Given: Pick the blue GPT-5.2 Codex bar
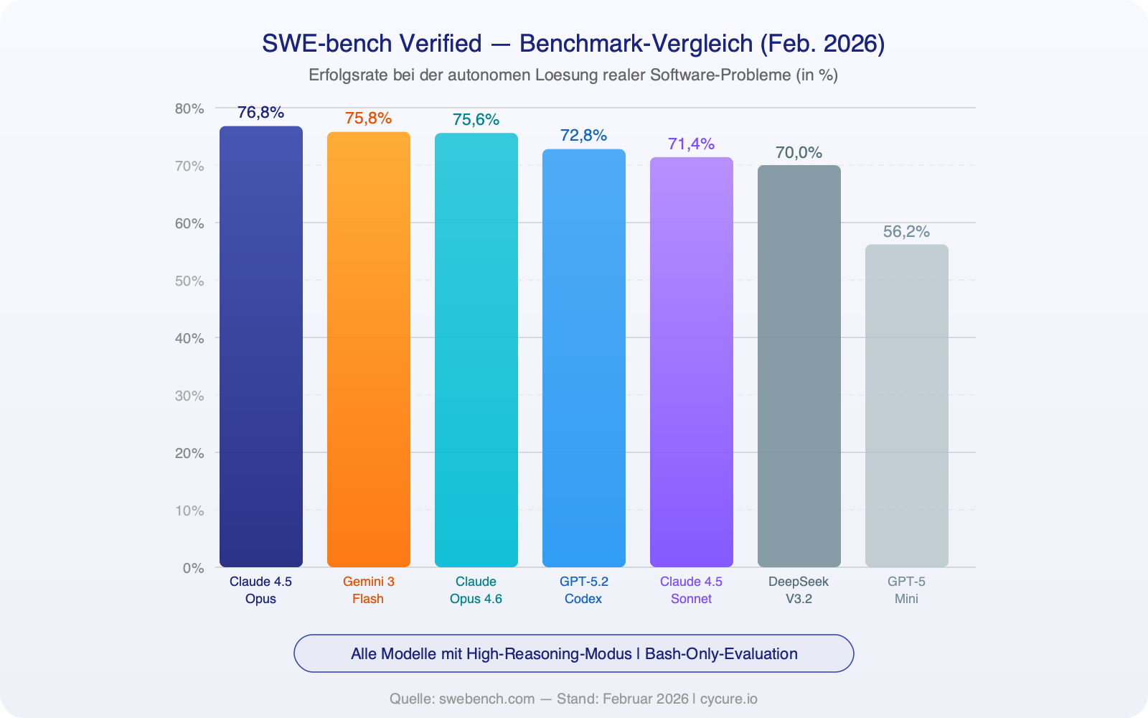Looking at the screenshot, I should [584, 358].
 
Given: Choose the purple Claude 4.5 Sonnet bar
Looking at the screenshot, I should [692, 363].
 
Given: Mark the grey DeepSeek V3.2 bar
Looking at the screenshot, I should [799, 366].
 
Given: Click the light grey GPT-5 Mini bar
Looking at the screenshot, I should [907, 406].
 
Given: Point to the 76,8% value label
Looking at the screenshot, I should [261, 113].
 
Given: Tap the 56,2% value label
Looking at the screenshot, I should [907, 232].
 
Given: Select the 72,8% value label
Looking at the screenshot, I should [584, 136].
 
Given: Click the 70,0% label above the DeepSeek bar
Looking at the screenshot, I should [799, 153].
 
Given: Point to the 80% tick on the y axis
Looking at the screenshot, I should [189, 108].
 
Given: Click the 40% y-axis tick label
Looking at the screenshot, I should [189, 338].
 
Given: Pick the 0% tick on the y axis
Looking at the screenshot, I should [193, 568].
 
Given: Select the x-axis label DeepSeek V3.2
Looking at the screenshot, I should [799, 590].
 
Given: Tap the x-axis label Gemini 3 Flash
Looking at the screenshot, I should [369, 590].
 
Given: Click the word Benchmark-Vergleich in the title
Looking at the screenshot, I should [635, 44].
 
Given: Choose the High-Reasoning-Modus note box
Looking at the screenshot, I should [574, 653].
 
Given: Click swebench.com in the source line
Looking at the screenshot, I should [486, 699].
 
